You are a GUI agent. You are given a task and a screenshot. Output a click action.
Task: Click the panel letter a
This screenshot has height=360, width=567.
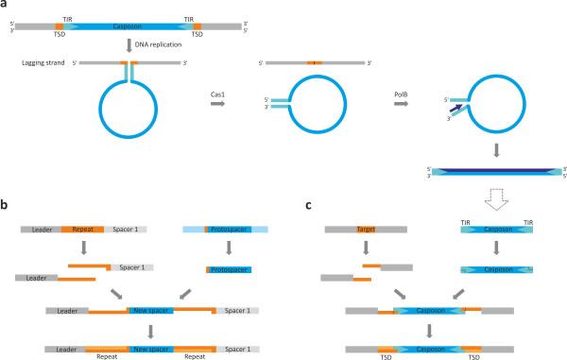(6, 6)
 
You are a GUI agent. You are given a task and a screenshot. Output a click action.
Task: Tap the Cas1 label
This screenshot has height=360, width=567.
(221, 94)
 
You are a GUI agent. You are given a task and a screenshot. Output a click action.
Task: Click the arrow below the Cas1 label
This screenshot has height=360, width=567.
(221, 107)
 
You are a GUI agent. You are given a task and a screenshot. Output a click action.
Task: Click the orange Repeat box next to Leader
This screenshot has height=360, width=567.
(82, 230)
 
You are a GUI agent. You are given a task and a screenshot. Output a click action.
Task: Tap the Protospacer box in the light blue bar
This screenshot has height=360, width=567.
(228, 230)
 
